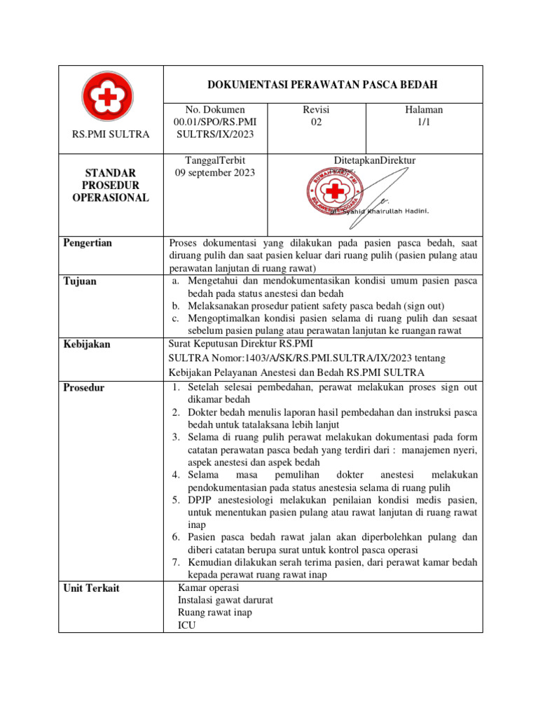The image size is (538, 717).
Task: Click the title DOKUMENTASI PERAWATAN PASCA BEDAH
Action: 322,85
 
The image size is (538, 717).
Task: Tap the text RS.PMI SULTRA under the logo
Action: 111,134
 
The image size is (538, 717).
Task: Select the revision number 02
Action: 316,123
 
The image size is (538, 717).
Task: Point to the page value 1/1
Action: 424,123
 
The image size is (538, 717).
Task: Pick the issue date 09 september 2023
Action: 214,173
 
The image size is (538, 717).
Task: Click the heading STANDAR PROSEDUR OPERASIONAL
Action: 111,185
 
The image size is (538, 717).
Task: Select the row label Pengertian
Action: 88,243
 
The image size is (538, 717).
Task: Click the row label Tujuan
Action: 81,281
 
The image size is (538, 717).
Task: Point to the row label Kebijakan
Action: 88,344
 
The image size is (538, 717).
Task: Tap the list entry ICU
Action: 187,625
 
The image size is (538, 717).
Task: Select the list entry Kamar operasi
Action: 209,587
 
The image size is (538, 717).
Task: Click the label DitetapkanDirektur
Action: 375,160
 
